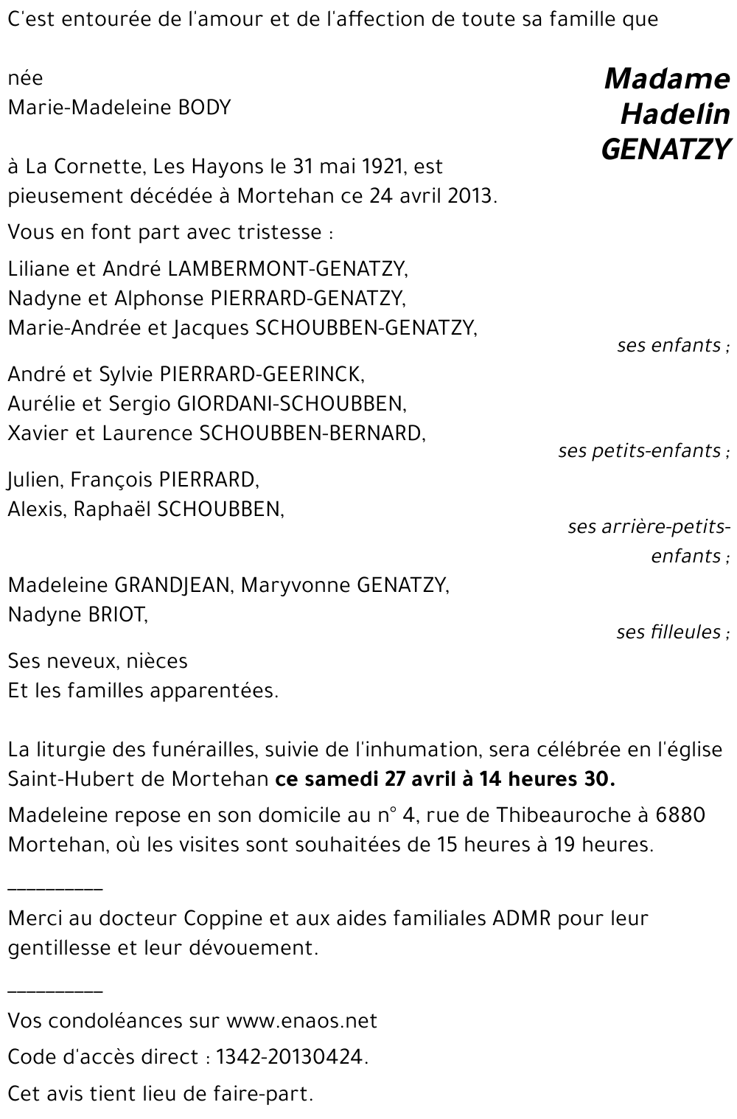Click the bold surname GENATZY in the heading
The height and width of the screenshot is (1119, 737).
pos(666,150)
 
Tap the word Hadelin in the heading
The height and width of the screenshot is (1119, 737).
pos(675,114)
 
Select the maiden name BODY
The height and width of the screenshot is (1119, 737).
pos(205,108)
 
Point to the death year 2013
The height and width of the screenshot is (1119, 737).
pos(469,197)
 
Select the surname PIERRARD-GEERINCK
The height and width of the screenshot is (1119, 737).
pos(262,374)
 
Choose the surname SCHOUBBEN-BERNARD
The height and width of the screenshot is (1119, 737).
pos(312,433)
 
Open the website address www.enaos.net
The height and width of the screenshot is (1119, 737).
pos(301,1021)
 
